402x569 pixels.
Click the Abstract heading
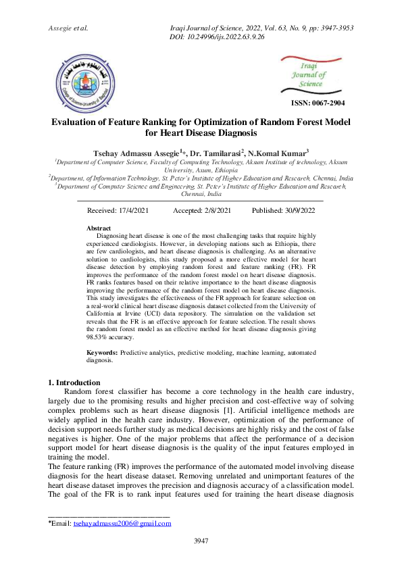point(99,228)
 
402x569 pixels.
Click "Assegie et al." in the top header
point(69,28)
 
